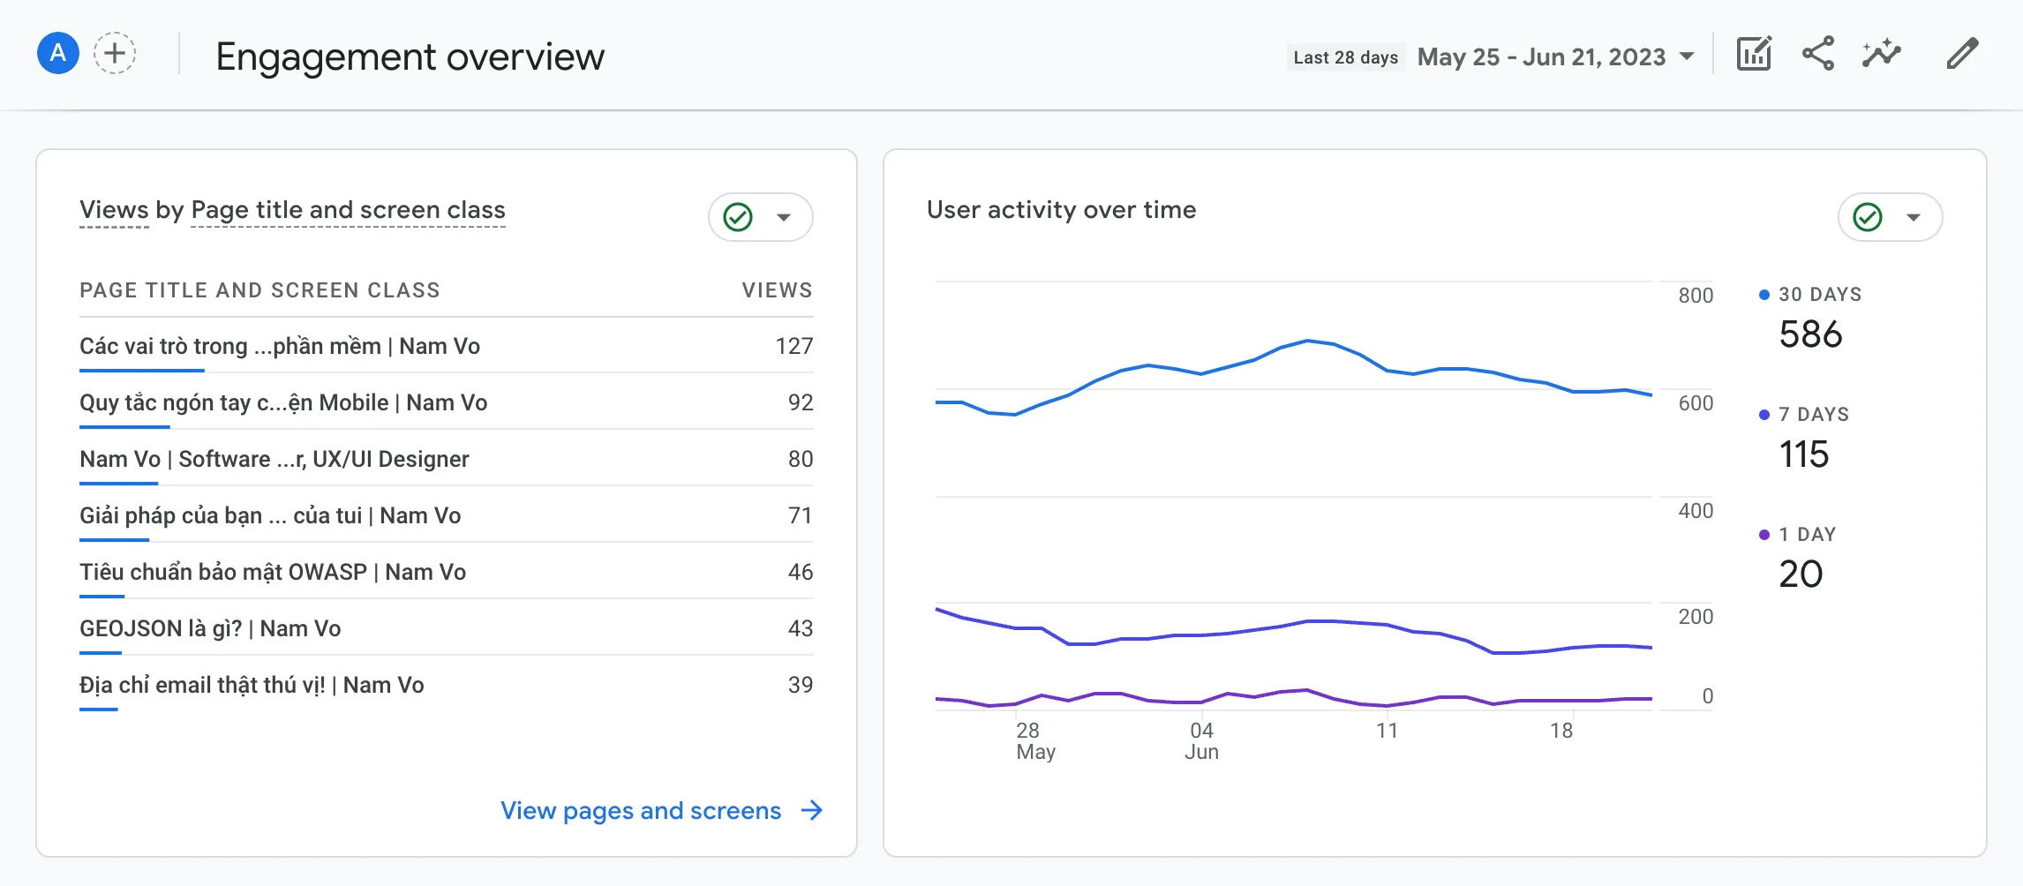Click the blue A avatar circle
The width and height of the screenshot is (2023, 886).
58,54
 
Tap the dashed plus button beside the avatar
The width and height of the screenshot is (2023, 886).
115,54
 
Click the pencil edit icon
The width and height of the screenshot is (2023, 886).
1962,55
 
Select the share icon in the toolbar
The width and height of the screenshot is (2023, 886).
1817,55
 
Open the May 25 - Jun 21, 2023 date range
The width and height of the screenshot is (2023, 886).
1555,57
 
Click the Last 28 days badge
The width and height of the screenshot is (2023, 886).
1345,57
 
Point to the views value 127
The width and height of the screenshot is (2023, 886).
793,346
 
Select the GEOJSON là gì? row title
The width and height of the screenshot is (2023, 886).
210,628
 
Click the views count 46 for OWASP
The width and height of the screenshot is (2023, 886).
800,572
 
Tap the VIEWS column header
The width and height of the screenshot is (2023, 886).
777,290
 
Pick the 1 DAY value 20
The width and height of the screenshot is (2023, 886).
1801,574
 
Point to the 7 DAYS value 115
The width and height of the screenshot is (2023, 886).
1803,454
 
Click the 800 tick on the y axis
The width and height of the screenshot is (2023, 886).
1696,296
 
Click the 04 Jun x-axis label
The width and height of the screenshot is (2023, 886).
1201,740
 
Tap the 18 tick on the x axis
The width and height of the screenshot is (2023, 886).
1561,731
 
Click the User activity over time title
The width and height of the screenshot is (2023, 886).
1061,210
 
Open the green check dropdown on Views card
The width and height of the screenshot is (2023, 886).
760,217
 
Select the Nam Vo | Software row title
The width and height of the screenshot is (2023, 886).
274,459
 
